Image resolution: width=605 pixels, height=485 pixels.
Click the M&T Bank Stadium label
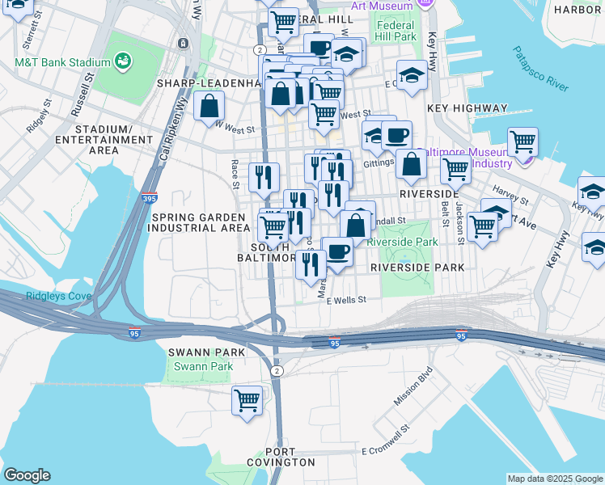point(62,62)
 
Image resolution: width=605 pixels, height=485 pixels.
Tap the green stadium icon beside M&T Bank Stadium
point(124,61)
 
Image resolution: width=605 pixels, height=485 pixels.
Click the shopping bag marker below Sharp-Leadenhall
point(209,106)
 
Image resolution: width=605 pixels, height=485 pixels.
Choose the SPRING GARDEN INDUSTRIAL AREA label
point(198,222)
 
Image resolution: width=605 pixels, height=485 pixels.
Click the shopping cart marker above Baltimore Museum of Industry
point(523,142)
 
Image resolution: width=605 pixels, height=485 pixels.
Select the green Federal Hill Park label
point(396,31)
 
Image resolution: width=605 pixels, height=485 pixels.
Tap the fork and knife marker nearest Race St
point(263,177)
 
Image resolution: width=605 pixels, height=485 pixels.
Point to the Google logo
point(27,475)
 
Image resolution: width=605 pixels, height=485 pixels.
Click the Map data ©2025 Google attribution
point(555,479)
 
